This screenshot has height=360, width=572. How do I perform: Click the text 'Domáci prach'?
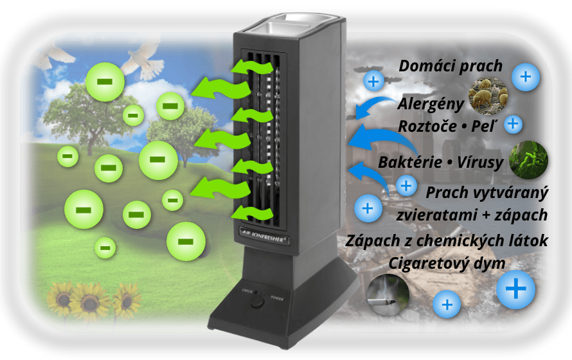[x=451, y=66]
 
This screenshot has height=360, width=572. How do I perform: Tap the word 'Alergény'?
[x=427, y=104]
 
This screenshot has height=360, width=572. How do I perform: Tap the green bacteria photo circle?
[x=528, y=159]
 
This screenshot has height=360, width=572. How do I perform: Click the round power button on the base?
[x=258, y=300]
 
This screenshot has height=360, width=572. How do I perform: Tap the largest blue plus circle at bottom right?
[x=515, y=290]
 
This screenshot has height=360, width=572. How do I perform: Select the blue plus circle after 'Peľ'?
[x=513, y=123]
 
